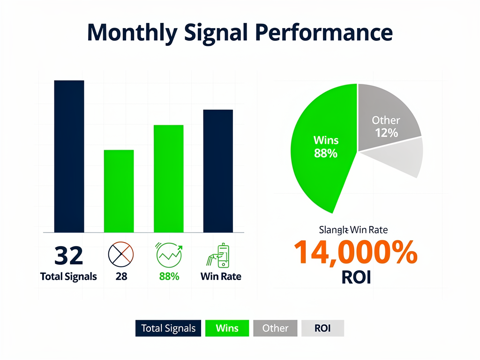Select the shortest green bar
point(119,191)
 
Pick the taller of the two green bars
point(168,179)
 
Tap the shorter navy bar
point(218,171)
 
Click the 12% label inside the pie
point(386,133)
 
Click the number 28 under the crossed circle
point(121,277)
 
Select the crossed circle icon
point(121,255)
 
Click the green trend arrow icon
point(168,255)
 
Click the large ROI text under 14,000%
point(356,277)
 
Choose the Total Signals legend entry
point(168,328)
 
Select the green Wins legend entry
point(227,328)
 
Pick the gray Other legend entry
point(275,328)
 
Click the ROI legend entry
point(322,328)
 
